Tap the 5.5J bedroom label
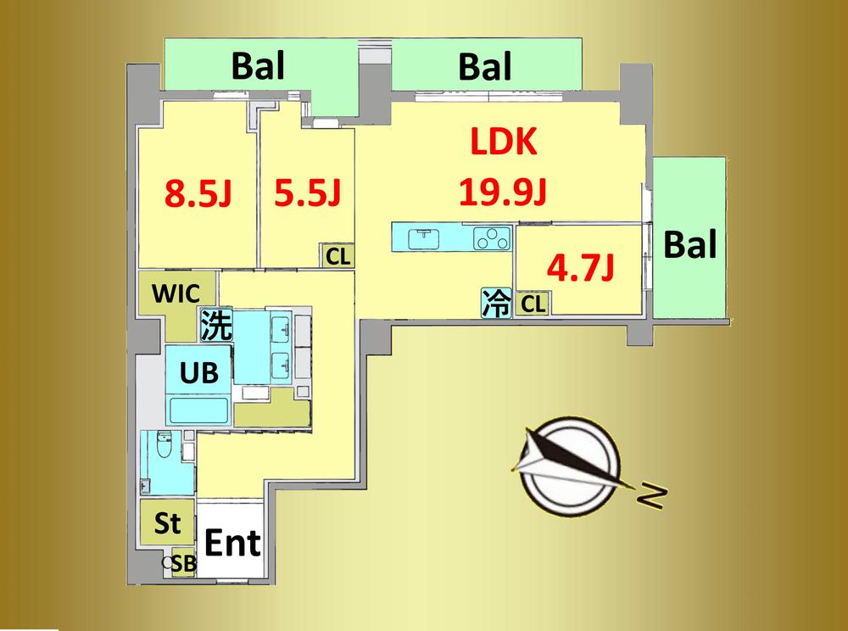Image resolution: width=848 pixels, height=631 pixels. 307,193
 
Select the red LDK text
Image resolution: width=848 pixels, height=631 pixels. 504,142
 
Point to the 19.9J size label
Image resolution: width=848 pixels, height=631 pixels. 502,192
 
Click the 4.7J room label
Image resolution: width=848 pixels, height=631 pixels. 580,268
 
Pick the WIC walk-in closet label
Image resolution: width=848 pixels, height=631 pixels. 176,293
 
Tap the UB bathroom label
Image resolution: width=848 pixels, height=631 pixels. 199,372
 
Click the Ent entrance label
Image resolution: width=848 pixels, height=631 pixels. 232,542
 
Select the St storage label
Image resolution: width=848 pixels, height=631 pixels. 167,522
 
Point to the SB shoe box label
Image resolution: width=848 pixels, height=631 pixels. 184,563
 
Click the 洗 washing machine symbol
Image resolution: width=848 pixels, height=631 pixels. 216,326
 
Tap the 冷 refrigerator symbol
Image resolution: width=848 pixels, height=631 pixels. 496,303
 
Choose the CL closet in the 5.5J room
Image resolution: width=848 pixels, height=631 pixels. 338,256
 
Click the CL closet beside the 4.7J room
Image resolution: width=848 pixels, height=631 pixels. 533,304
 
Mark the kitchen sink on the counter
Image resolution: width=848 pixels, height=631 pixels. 423,239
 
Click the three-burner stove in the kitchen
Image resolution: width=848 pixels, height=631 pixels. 492,238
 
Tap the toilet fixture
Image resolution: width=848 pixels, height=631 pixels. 164,444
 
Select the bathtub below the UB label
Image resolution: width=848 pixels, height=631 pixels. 198,411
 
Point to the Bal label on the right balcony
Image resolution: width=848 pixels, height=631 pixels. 690,244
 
